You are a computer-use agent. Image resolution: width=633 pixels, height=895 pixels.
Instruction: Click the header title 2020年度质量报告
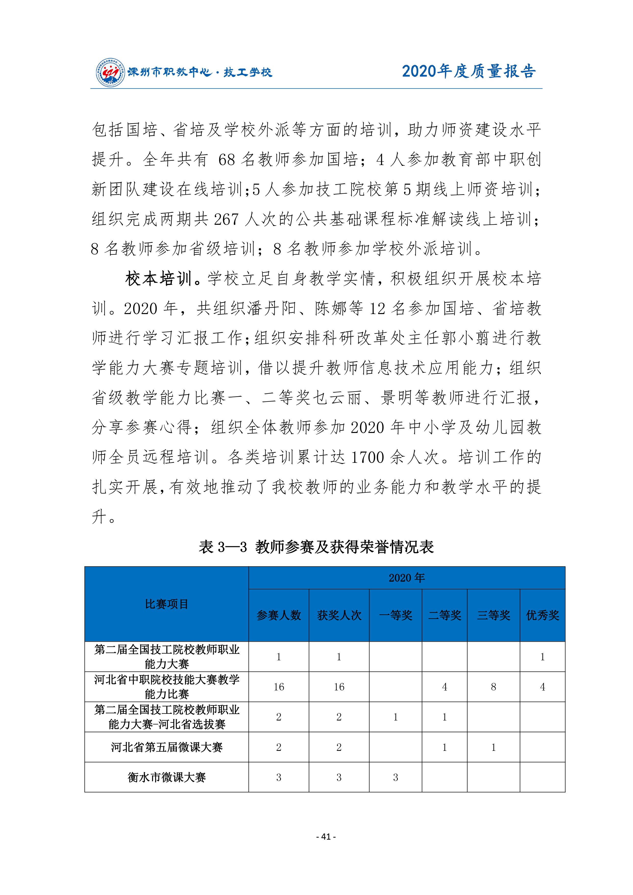click(469, 71)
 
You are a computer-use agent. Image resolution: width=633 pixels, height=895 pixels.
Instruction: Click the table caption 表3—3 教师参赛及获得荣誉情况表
click(316, 547)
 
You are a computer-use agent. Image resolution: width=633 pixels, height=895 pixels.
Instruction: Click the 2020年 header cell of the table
click(406, 578)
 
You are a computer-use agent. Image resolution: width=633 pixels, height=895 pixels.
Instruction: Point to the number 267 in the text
click(226, 219)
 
